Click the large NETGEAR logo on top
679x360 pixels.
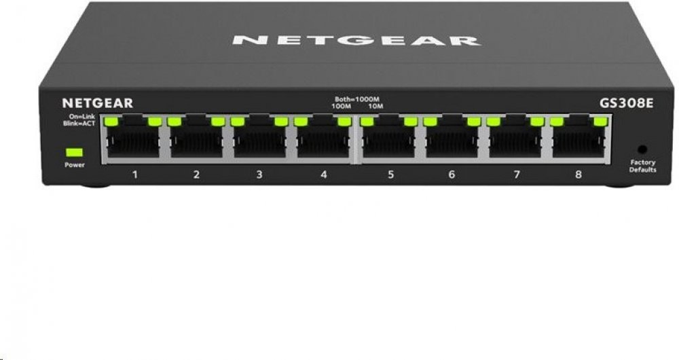tap(356, 40)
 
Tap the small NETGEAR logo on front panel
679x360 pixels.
tap(98, 103)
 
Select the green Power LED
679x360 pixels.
tap(74, 152)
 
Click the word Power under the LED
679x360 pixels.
tap(75, 165)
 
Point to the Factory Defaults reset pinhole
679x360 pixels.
tap(642, 148)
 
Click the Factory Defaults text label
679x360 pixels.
tap(643, 166)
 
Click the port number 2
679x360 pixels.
tap(196, 175)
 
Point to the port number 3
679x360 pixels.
tap(259, 175)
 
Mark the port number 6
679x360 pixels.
tap(452, 175)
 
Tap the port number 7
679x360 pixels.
tap(516, 175)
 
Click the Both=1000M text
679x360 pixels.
tap(359, 100)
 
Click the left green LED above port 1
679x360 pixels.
tap(111, 122)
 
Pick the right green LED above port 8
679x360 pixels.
tap(599, 122)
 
